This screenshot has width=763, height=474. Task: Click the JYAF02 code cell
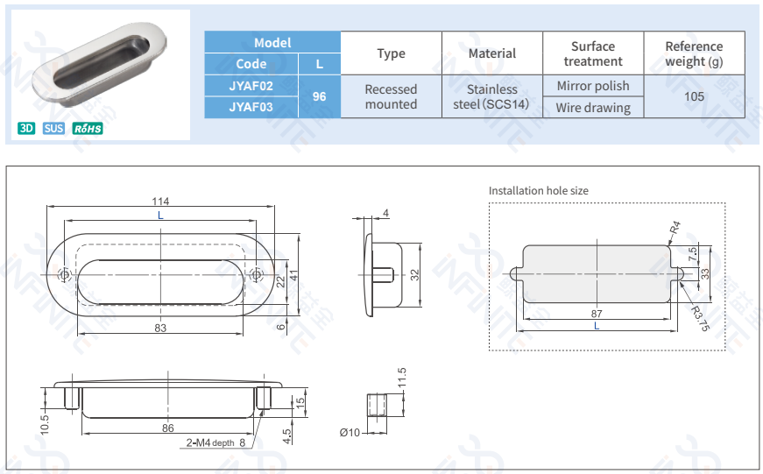click(251, 86)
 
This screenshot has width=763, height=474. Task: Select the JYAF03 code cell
click(251, 107)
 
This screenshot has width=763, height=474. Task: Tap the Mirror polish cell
click(593, 86)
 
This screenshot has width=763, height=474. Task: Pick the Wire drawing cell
click(593, 108)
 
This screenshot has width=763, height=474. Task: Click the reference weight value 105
click(694, 96)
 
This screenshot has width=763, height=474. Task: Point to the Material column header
click(492, 53)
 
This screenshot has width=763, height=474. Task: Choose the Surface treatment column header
click(593, 53)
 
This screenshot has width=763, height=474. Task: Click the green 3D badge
click(26, 129)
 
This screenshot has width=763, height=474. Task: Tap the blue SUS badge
click(53, 129)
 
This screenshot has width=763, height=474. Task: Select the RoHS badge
click(88, 129)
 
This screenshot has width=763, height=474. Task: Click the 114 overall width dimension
click(160, 202)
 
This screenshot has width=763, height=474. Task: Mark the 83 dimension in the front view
click(160, 328)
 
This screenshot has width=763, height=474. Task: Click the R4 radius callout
click(675, 230)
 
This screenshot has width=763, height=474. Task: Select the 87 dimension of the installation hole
click(597, 313)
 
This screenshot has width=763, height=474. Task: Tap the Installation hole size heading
click(539, 190)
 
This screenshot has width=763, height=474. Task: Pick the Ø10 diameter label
click(349, 432)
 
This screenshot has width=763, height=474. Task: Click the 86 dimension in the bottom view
click(168, 428)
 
